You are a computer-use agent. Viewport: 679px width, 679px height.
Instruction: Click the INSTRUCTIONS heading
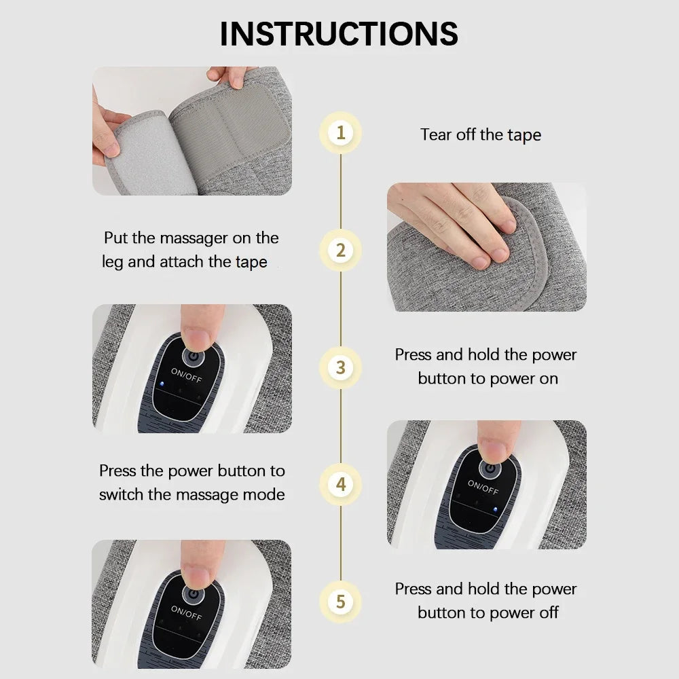339,33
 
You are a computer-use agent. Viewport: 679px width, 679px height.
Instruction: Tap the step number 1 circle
340,132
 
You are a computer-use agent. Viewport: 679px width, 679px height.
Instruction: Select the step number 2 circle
340,250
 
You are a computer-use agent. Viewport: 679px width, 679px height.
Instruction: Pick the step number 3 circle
340,367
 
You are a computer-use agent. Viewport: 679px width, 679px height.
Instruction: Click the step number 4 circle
340,485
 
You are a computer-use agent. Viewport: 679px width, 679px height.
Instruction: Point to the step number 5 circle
340,602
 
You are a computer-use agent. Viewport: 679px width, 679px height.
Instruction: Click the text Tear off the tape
481,134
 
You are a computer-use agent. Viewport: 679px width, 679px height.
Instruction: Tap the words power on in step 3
523,378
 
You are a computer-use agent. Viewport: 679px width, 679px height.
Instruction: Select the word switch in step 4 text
121,494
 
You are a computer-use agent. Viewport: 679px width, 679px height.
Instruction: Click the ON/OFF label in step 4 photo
483,487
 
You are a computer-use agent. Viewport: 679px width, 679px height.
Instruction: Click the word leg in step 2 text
113,262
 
